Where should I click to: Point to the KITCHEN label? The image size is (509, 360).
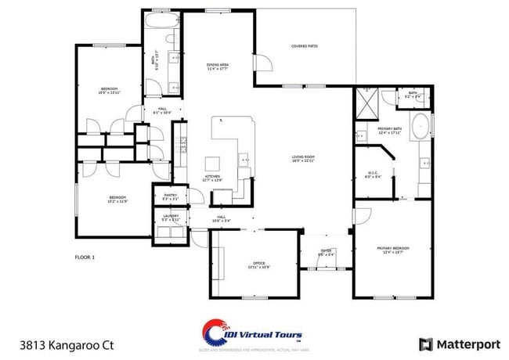pyautogui.click(x=213, y=178)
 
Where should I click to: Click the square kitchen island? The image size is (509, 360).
pyautogui.click(x=213, y=164)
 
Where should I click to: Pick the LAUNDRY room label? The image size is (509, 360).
pyautogui.click(x=171, y=217)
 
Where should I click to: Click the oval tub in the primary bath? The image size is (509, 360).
pyautogui.click(x=421, y=126)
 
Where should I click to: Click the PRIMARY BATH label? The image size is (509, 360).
pyautogui.click(x=389, y=130)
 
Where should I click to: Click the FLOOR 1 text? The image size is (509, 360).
pyautogui.click(x=84, y=257)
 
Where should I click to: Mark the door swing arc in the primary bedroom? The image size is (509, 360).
pyautogui.click(x=363, y=213)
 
